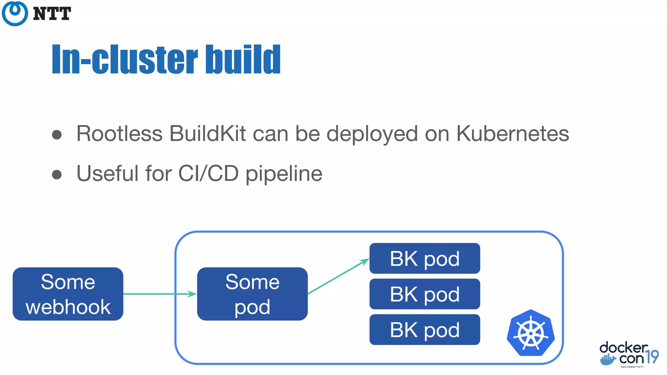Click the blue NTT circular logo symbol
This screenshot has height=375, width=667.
coord(15,13)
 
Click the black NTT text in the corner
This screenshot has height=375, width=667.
coord(52,14)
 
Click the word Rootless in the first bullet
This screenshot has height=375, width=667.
coord(119,133)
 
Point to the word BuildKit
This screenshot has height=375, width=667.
coord(207,133)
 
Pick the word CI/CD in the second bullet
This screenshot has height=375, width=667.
coord(208,173)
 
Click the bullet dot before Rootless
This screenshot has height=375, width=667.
coord(57,135)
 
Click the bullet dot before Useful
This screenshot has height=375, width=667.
coord(57,174)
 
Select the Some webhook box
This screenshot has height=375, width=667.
coord(68,294)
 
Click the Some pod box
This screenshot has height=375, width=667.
coord(252,294)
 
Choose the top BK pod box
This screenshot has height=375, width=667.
coord(424,258)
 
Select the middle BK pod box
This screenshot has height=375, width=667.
coord(424,294)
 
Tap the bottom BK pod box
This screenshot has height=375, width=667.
coord(424,329)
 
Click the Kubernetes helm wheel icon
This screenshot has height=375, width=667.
coord(531,333)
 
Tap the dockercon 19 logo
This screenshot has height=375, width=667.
coord(628,354)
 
